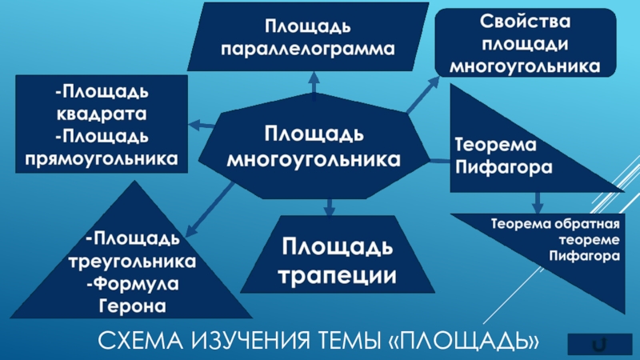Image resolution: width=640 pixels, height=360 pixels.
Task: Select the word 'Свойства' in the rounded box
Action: tap(525, 19)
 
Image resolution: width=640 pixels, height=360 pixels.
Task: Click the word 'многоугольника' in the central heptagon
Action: tap(314, 159)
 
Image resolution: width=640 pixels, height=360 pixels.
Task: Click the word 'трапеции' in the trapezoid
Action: tap(338, 275)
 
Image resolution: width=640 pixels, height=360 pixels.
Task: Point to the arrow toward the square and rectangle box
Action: tap(200, 125)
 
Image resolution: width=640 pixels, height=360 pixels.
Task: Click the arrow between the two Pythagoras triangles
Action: tap(537, 201)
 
